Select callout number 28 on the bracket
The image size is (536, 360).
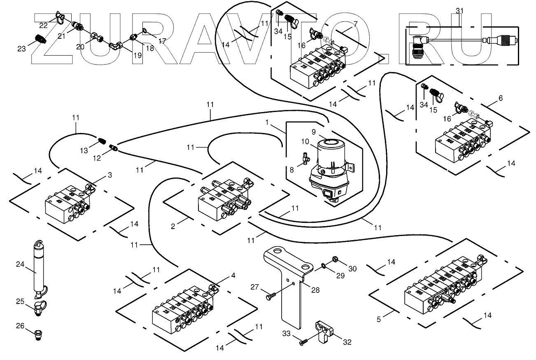pyautogui.click(x=315, y=290)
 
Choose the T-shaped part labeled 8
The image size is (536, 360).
pyautogui.click(x=305, y=157)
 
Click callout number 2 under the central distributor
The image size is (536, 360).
pyautogui.click(x=173, y=226)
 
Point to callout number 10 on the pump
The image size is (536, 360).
pyautogui.click(x=305, y=142)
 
